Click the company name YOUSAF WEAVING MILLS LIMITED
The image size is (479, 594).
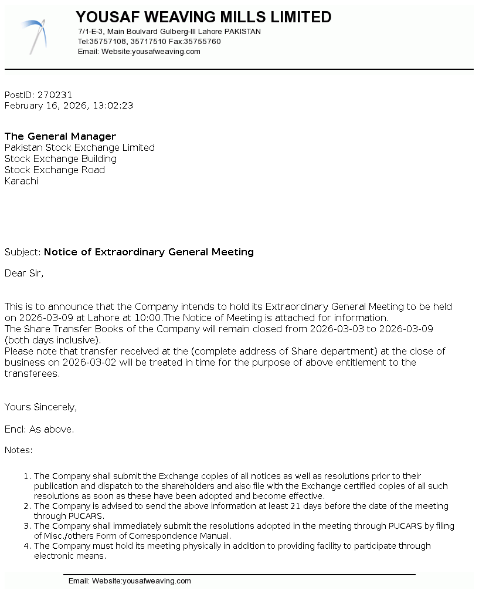(x=203, y=17)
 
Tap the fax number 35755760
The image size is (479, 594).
(x=202, y=42)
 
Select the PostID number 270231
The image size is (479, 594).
(x=55, y=95)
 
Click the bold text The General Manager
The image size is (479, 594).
(x=60, y=136)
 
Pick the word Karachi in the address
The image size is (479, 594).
(x=21, y=181)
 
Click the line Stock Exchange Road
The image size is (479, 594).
(x=55, y=170)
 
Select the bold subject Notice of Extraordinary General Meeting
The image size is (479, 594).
(x=149, y=252)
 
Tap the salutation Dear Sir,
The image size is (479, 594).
(x=24, y=273)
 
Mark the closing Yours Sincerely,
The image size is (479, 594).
(x=40, y=407)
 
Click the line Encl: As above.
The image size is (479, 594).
(x=39, y=429)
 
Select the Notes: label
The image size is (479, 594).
(x=18, y=450)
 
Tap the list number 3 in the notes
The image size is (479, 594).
(x=26, y=526)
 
